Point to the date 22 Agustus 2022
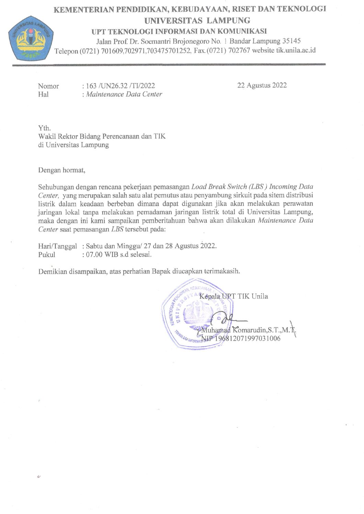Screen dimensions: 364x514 (x=262, y=85)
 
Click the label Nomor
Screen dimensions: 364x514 (x=48, y=86)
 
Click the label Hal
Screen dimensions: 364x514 (x=43, y=94)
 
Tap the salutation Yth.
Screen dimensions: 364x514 (x=44, y=128)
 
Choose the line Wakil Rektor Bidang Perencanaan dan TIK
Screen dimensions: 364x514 (x=102, y=136)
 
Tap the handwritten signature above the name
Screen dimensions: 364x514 (x=227, y=318)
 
